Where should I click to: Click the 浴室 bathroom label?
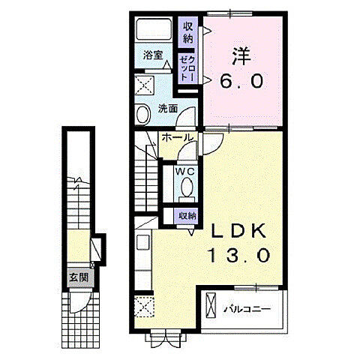(x=153, y=55)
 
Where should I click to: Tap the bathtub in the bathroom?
(x=154, y=30)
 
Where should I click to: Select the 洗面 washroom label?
(x=168, y=109)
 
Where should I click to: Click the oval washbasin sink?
(x=143, y=114)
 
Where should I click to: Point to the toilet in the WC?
(x=187, y=189)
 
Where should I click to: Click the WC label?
(x=185, y=172)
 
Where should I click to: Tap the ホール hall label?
(x=178, y=137)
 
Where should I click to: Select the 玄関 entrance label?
(x=79, y=277)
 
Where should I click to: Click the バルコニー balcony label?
(x=247, y=310)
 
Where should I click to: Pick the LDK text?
(x=238, y=231)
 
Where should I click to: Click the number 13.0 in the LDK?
(x=239, y=255)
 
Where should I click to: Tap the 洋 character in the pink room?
(x=241, y=56)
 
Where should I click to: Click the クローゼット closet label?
(x=188, y=68)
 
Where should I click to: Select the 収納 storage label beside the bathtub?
(x=188, y=32)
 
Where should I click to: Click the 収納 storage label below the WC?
(x=187, y=216)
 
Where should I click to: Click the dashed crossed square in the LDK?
(x=144, y=307)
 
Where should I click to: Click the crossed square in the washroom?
(x=144, y=85)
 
